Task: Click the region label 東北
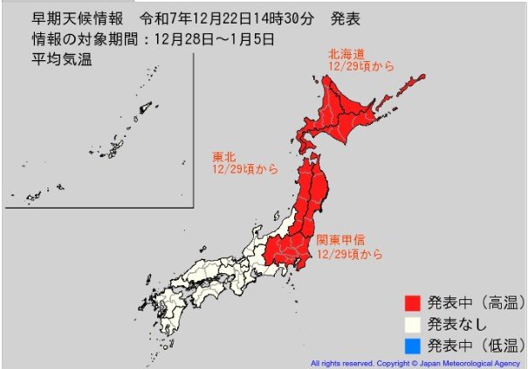pos(223,157)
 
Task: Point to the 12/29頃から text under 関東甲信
pos(349,255)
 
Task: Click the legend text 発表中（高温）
pos(475,303)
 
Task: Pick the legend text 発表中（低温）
pos(475,344)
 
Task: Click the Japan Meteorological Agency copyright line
pos(415,362)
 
